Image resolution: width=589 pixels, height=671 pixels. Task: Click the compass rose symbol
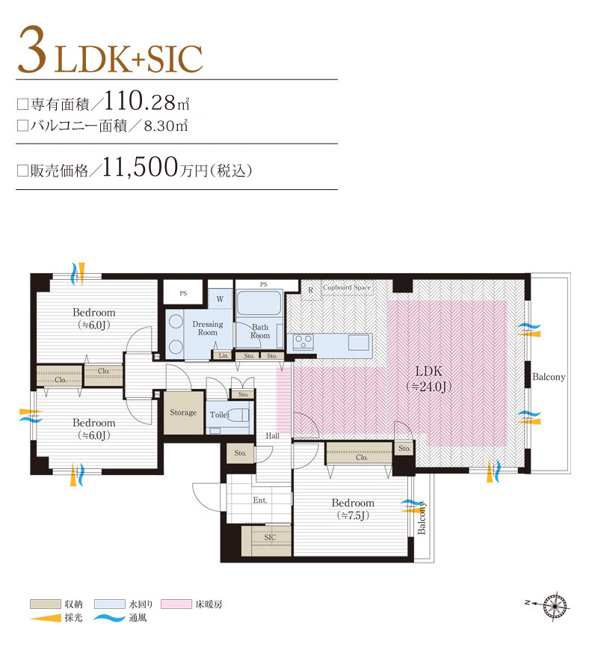[x=555, y=603]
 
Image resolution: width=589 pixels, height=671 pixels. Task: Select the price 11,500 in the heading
[x=140, y=167]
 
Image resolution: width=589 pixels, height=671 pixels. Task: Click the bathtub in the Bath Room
[x=258, y=303]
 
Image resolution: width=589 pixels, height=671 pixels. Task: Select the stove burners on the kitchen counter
[x=303, y=342]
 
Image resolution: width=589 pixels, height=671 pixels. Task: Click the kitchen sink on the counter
[x=359, y=342]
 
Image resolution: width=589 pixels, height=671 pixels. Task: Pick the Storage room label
[x=183, y=412]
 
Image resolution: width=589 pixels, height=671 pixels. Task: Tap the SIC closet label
[x=270, y=537]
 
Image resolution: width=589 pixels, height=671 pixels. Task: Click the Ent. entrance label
[x=259, y=499]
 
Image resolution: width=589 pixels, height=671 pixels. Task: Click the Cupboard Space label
[x=346, y=287]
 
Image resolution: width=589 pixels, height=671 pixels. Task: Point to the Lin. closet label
[x=223, y=355]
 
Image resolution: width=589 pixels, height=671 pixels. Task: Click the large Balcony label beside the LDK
[x=549, y=377]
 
